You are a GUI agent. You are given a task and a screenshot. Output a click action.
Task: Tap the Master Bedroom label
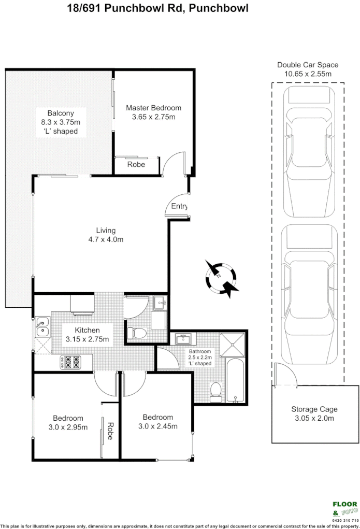pyautogui.click(x=154, y=108)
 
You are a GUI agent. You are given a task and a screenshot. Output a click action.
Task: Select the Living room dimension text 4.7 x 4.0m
pyautogui.click(x=106, y=239)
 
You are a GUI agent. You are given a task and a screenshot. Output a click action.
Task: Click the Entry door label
pyautogui.click(x=179, y=206)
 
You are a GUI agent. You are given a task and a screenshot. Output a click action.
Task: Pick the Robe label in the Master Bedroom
pyautogui.click(x=136, y=165)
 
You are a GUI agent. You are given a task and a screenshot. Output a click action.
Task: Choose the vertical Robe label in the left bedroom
pyautogui.click(x=110, y=431)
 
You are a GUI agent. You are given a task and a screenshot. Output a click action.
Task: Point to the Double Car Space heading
pyautogui.click(x=308, y=65)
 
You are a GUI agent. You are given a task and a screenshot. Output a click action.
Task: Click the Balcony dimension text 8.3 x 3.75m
pyautogui.click(x=61, y=122)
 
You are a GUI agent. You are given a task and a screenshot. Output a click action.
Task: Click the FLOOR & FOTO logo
pyautogui.click(x=344, y=508)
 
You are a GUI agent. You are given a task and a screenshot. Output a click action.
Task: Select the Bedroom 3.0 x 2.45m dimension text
pyautogui.click(x=158, y=426)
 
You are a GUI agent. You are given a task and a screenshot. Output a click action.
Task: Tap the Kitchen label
pyautogui.click(x=87, y=330)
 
